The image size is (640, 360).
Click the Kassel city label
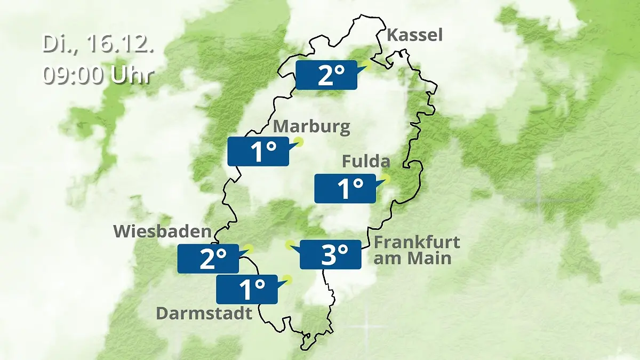pyautogui.click(x=414, y=35)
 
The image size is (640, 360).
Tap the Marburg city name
pyautogui.click(x=312, y=127)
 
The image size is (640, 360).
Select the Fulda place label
pyautogui.click(x=366, y=161)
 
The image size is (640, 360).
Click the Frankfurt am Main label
pyautogui.click(x=417, y=250)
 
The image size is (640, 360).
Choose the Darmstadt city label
pyautogui.click(x=204, y=313)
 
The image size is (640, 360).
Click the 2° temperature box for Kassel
pyautogui.click(x=326, y=75)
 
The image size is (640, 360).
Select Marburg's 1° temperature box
pyautogui.click(x=259, y=151)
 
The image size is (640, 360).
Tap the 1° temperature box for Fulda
pyautogui.click(x=345, y=188)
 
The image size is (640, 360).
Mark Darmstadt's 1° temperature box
pyautogui.click(x=247, y=290)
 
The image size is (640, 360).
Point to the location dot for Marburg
pyautogui.click(x=299, y=141)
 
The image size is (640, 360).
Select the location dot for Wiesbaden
pyautogui.click(x=249, y=248)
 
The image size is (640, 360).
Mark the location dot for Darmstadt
pyautogui.click(x=289, y=279)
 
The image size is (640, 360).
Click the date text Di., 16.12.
pyautogui.click(x=98, y=44)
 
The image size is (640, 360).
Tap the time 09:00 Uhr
pyautogui.click(x=98, y=75)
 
